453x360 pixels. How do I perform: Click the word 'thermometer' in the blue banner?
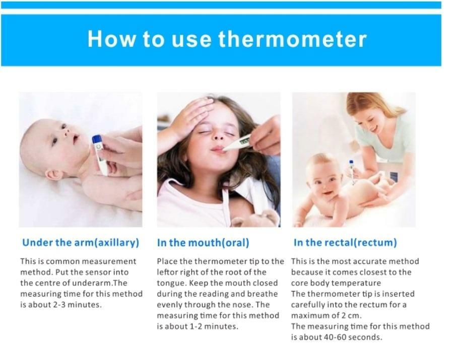click(292, 39)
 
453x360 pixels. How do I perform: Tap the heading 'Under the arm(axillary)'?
click(81, 243)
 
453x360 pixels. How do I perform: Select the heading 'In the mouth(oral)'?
click(203, 243)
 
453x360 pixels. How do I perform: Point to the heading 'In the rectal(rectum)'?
click(345, 243)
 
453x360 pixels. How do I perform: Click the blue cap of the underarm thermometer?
click(97, 140)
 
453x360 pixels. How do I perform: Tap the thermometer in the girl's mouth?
click(236, 143)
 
